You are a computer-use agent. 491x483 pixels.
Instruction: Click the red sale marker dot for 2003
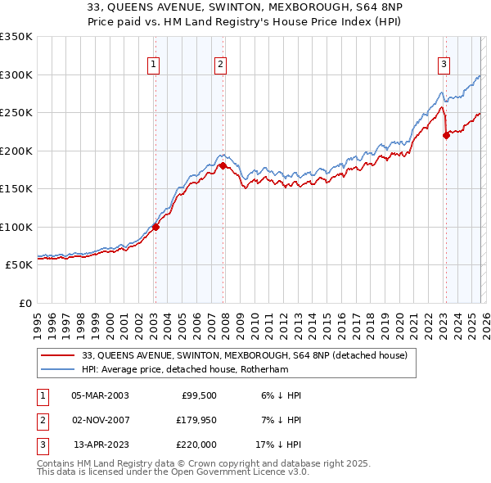click(155, 228)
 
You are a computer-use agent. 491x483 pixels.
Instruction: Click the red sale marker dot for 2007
click(223, 165)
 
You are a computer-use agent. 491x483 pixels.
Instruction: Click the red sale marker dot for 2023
click(446, 136)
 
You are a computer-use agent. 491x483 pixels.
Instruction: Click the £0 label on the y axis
click(25, 303)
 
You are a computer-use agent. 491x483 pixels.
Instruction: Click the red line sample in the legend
click(58, 355)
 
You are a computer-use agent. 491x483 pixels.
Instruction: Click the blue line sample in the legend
click(58, 369)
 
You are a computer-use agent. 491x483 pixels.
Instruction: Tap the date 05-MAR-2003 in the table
click(100, 395)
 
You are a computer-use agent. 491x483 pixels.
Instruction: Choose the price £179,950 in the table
click(195, 420)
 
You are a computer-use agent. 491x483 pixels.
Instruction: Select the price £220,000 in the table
click(195, 445)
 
